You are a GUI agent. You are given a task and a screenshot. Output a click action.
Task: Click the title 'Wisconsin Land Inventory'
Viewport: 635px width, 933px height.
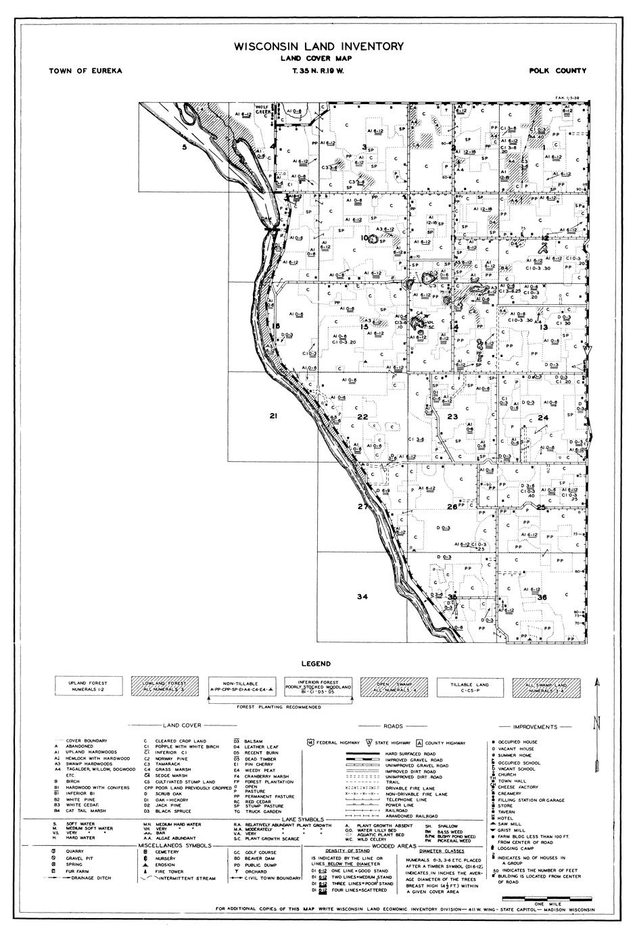pyautogui.click(x=319, y=47)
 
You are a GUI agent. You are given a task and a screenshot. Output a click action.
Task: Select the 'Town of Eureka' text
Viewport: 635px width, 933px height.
pyautogui.click(x=86, y=71)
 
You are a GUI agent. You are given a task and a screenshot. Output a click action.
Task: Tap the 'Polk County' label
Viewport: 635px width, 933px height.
pyautogui.click(x=558, y=71)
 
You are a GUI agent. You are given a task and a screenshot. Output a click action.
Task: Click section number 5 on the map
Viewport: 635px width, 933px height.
pyautogui.click(x=184, y=147)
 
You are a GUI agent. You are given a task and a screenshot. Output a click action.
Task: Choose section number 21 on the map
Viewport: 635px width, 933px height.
pyautogui.click(x=274, y=416)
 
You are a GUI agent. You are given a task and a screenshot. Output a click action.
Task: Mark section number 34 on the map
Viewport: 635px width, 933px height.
pyautogui.click(x=362, y=596)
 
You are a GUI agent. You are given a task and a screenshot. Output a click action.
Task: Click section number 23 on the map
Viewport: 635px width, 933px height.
pyautogui.click(x=452, y=416)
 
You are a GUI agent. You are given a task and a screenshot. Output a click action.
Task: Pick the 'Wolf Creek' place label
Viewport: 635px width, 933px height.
pyautogui.click(x=262, y=110)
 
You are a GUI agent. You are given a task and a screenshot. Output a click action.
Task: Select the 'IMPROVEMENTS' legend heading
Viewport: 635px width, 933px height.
pyautogui.click(x=535, y=727)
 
